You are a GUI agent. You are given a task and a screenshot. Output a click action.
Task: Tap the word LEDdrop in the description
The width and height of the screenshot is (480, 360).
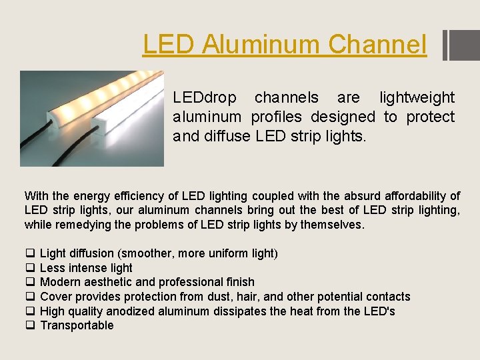(205, 98)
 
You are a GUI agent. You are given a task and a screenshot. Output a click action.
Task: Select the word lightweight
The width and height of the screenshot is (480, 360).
(417, 98)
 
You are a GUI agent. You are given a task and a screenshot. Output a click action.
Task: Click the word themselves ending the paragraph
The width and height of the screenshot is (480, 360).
(331, 225)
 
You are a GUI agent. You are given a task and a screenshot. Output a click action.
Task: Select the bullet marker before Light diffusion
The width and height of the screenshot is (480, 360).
(29, 253)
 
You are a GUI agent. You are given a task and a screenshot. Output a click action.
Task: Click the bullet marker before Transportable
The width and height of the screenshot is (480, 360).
(29, 325)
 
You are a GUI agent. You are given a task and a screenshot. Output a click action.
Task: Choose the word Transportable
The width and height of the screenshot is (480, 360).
(77, 325)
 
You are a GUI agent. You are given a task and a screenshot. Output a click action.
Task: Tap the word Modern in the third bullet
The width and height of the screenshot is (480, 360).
(59, 282)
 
